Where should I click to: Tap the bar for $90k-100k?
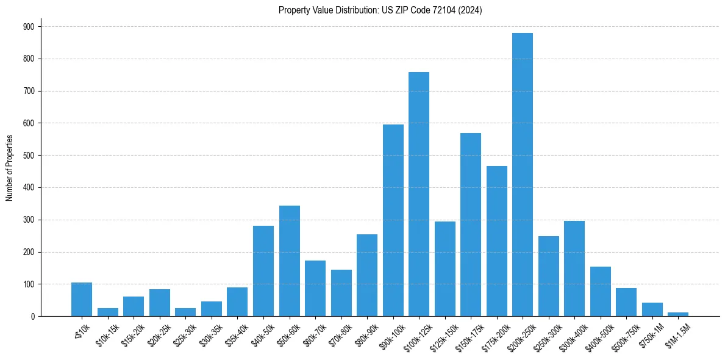(x=393, y=220)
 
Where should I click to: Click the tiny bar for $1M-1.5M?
(x=678, y=314)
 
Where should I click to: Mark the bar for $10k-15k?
(x=108, y=312)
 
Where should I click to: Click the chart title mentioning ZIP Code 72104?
(x=380, y=10)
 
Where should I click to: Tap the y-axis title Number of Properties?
(x=9, y=168)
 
